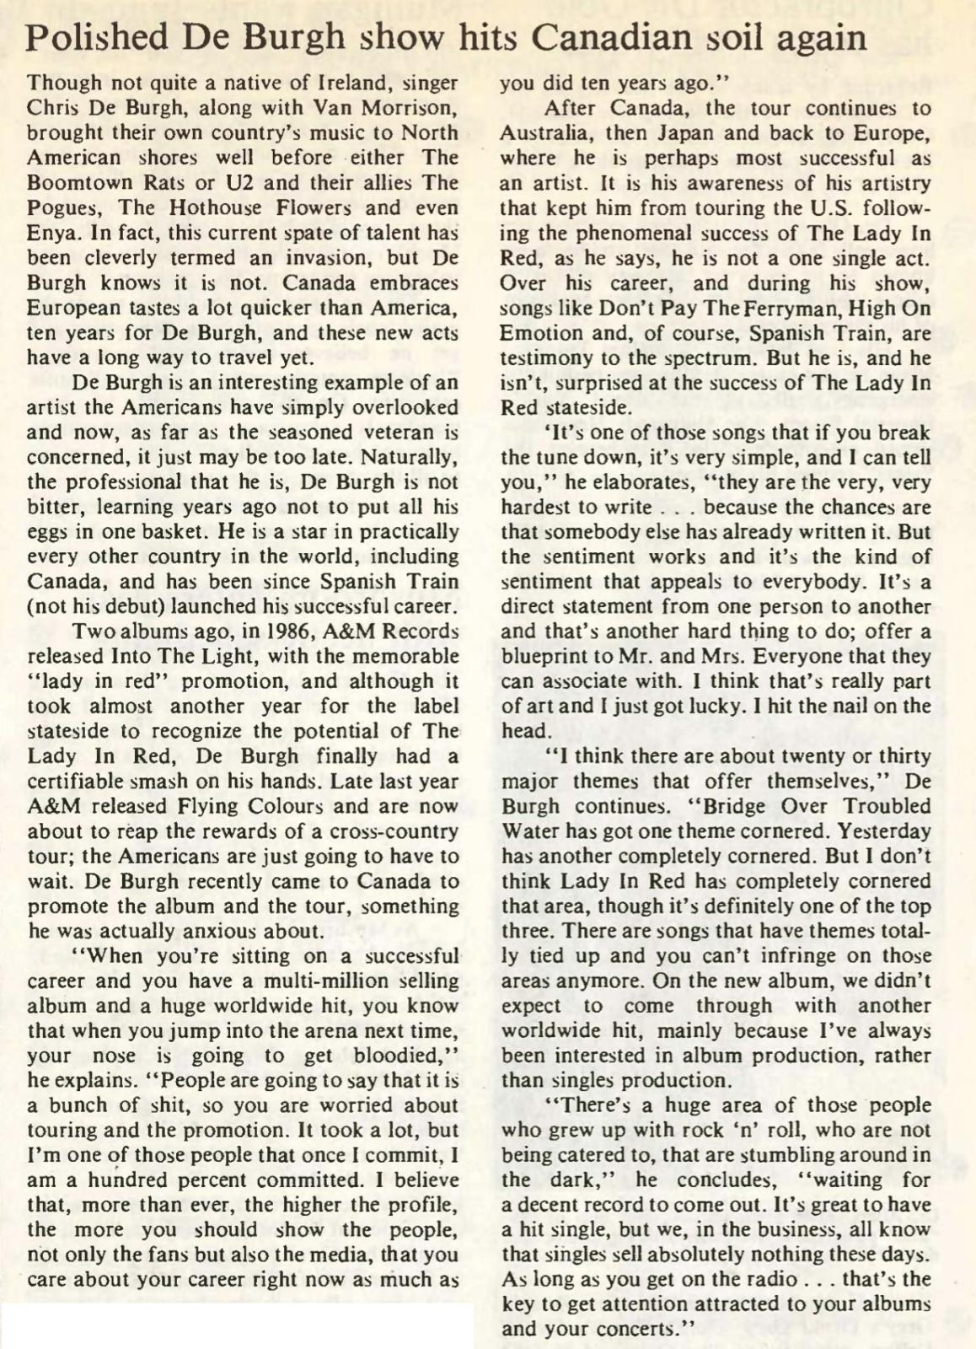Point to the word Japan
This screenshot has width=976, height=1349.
[675, 134]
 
